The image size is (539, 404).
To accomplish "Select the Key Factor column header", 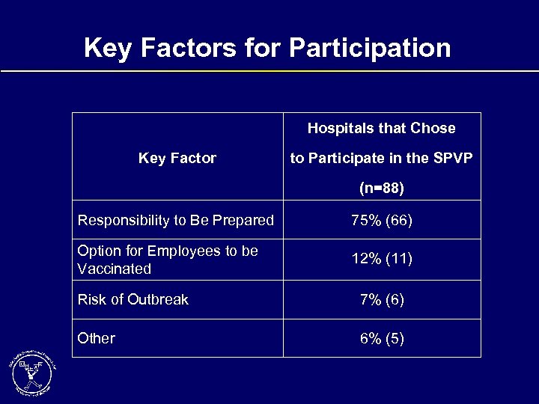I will pyautogui.click(x=177, y=158).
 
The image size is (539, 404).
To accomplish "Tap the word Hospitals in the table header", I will pyautogui.click(x=337, y=128).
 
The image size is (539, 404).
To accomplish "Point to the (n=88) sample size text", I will pyautogui.click(x=381, y=189).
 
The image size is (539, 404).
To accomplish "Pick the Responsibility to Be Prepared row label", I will pyautogui.click(x=176, y=221).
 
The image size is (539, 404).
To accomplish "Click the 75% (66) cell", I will pyautogui.click(x=382, y=221).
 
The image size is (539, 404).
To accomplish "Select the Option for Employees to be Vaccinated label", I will pyautogui.click(x=168, y=260).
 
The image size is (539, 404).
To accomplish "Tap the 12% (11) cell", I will pyautogui.click(x=382, y=260).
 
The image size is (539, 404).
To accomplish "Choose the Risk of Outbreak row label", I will pyautogui.click(x=133, y=299).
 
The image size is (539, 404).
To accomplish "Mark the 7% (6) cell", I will pyautogui.click(x=382, y=299).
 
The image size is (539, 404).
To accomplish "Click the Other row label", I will pyautogui.click(x=97, y=338).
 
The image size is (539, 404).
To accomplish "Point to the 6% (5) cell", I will pyautogui.click(x=382, y=338).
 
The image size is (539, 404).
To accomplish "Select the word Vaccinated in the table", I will pyautogui.click(x=115, y=269).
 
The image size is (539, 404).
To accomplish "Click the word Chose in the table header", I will pyautogui.click(x=433, y=128).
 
